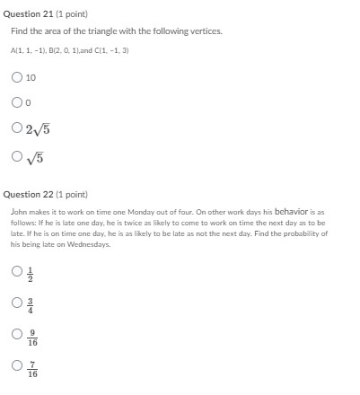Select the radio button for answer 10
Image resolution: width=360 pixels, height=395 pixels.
[16, 77]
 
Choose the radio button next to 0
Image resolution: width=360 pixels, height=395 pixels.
[16, 103]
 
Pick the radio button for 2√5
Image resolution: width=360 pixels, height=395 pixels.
[16, 128]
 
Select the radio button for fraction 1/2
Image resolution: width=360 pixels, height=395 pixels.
[16, 270]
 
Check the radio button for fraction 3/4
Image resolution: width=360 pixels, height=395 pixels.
[16, 302]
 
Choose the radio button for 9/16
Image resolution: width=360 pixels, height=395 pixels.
[16, 335]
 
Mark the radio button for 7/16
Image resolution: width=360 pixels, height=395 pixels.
[16, 367]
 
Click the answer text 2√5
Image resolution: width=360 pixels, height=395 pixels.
[38, 129]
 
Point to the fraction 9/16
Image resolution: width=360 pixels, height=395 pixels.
[32, 337]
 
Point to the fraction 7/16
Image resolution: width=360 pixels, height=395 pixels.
[32, 369]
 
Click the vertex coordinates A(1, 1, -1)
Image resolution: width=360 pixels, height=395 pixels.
[26, 51]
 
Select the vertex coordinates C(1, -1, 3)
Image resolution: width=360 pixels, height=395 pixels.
[112, 51]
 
